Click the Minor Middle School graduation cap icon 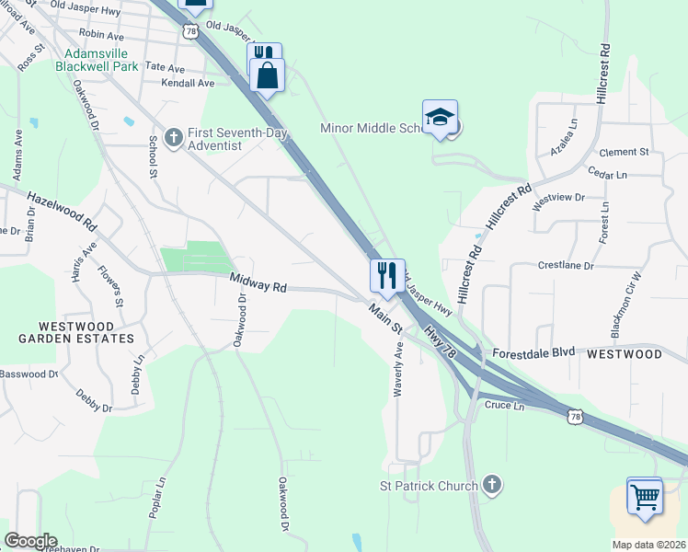(x=441, y=118)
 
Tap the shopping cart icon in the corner (x=644, y=496)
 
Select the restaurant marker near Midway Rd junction (x=386, y=275)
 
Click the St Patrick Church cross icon (x=492, y=485)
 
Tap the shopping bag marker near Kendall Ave (x=268, y=76)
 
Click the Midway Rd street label (x=258, y=286)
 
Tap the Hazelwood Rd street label (x=62, y=211)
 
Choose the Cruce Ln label (x=504, y=405)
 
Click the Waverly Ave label (x=398, y=369)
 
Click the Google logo (x=30, y=541)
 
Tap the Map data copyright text (x=649, y=545)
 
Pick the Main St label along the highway (x=385, y=320)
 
